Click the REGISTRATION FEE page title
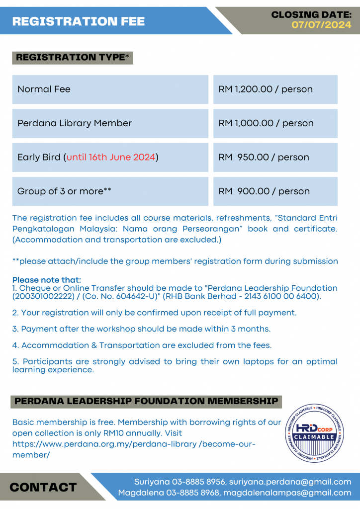[x=78, y=21]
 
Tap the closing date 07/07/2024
[x=321, y=24]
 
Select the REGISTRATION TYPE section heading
[x=73, y=58]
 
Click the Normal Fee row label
[x=44, y=89]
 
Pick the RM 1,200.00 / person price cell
[x=266, y=89]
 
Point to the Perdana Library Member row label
[x=75, y=123]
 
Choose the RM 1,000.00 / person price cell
[x=266, y=123]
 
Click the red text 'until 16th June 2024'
[x=111, y=158]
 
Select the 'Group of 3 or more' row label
[x=64, y=191]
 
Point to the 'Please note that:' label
[x=46, y=280]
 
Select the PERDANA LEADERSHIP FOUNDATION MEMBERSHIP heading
[x=146, y=401]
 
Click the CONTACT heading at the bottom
[x=43, y=487]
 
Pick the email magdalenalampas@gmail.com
[x=287, y=493]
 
